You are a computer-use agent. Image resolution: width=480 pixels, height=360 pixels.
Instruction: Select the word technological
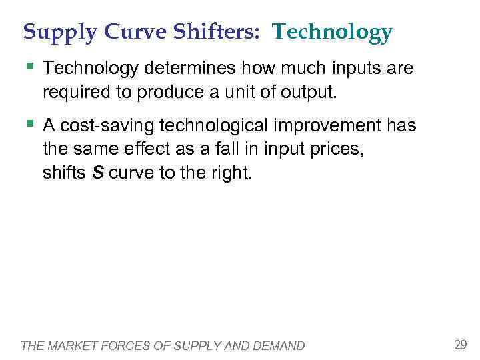tap(213, 125)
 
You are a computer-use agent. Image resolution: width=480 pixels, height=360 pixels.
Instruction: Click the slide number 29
tap(460, 345)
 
